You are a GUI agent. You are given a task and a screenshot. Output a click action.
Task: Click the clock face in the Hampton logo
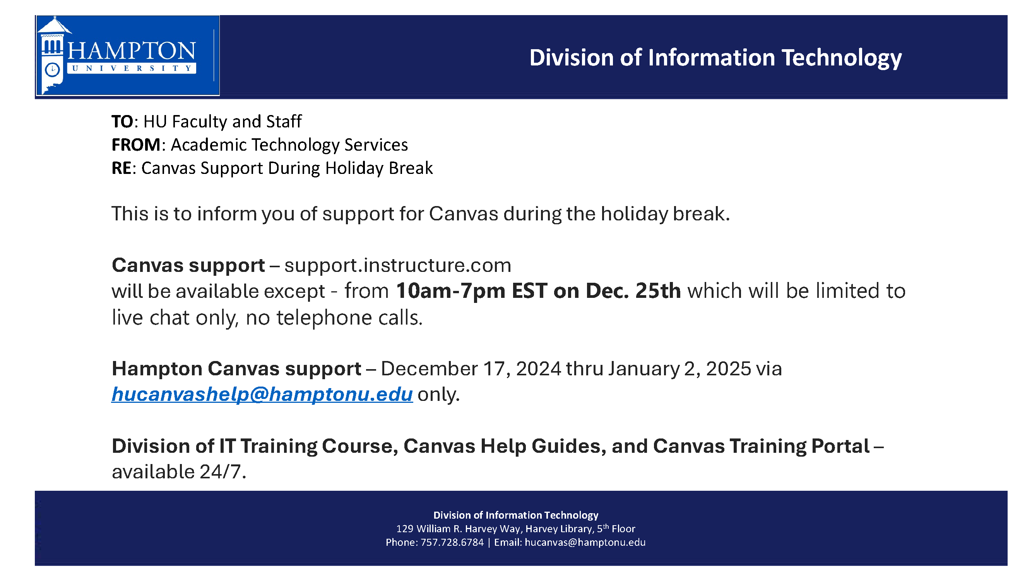pos(53,70)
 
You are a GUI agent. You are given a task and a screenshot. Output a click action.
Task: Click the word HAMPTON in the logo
pos(132,50)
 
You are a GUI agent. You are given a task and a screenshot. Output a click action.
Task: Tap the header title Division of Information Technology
pos(715,58)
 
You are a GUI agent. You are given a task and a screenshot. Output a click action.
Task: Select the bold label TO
pos(122,122)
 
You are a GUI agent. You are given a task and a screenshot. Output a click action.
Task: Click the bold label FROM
pos(136,145)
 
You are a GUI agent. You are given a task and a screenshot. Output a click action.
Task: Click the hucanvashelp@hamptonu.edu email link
pos(262,394)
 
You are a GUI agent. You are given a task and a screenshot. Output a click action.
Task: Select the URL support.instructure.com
pos(397,266)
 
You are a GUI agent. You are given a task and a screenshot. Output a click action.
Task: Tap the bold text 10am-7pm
pos(451,291)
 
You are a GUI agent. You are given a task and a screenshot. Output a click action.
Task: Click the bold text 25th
pos(658,291)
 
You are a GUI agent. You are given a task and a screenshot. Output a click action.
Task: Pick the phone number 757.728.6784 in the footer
pos(452,543)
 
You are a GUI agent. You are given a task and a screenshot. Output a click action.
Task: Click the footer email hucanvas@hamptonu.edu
pos(585,543)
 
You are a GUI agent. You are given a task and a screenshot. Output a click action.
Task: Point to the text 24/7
pos(222,471)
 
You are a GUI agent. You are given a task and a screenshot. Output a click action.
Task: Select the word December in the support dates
pos(429,368)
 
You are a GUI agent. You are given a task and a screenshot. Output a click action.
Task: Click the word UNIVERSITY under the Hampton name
pos(132,68)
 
